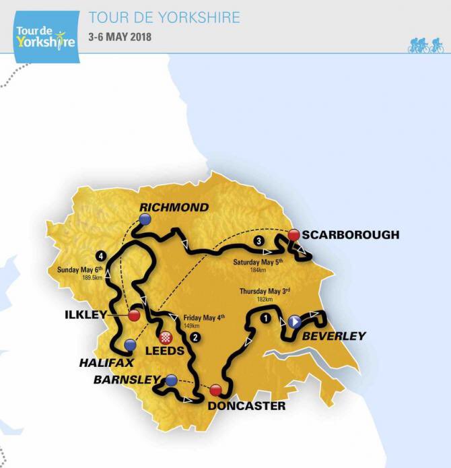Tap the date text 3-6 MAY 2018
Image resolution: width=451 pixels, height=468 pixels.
pyautogui.click(x=120, y=36)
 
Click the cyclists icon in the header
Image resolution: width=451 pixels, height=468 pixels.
pyautogui.click(x=425, y=45)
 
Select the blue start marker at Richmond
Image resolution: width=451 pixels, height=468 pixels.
pyautogui.click(x=145, y=219)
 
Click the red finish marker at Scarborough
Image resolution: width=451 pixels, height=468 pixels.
pyautogui.click(x=293, y=235)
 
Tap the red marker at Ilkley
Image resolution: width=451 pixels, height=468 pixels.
pyautogui.click(x=133, y=315)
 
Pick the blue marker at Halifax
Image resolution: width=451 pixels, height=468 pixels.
pyautogui.click(x=130, y=345)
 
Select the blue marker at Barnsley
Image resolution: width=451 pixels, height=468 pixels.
pyautogui.click(x=171, y=380)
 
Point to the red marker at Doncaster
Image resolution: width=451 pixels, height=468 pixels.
pyautogui.click(x=215, y=390)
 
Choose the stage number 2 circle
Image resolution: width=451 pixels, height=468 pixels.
pyautogui.click(x=195, y=337)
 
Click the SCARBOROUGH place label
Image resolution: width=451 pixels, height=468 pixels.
pyautogui.click(x=350, y=235)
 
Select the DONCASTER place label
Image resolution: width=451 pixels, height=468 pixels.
pyautogui.click(x=236, y=406)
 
